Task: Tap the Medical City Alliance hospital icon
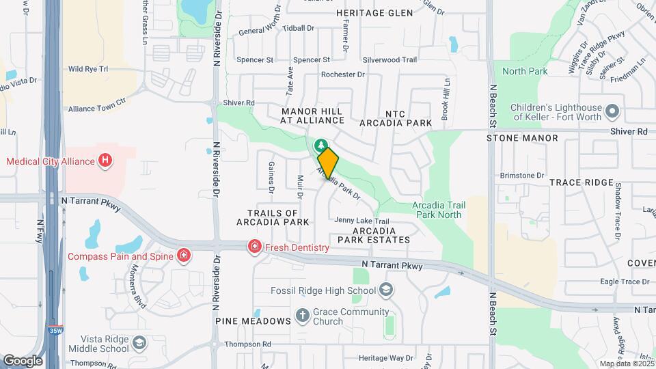pos(105,161)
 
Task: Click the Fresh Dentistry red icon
pos(254,247)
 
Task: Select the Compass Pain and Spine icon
pos(183,256)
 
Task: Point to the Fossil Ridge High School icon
pos(387,290)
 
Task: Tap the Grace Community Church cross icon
pos(303,316)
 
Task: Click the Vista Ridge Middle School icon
pos(139,342)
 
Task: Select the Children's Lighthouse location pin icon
pos(612,110)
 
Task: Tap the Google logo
pos(23,360)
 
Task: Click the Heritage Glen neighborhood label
pos(374,13)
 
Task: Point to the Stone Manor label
pos(522,138)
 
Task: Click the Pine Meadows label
pos(244,320)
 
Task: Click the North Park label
pos(525,71)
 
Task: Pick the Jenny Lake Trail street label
pos(362,221)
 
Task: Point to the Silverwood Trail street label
pos(389,60)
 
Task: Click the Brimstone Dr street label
pos(521,176)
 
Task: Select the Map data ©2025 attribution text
pos(625,364)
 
